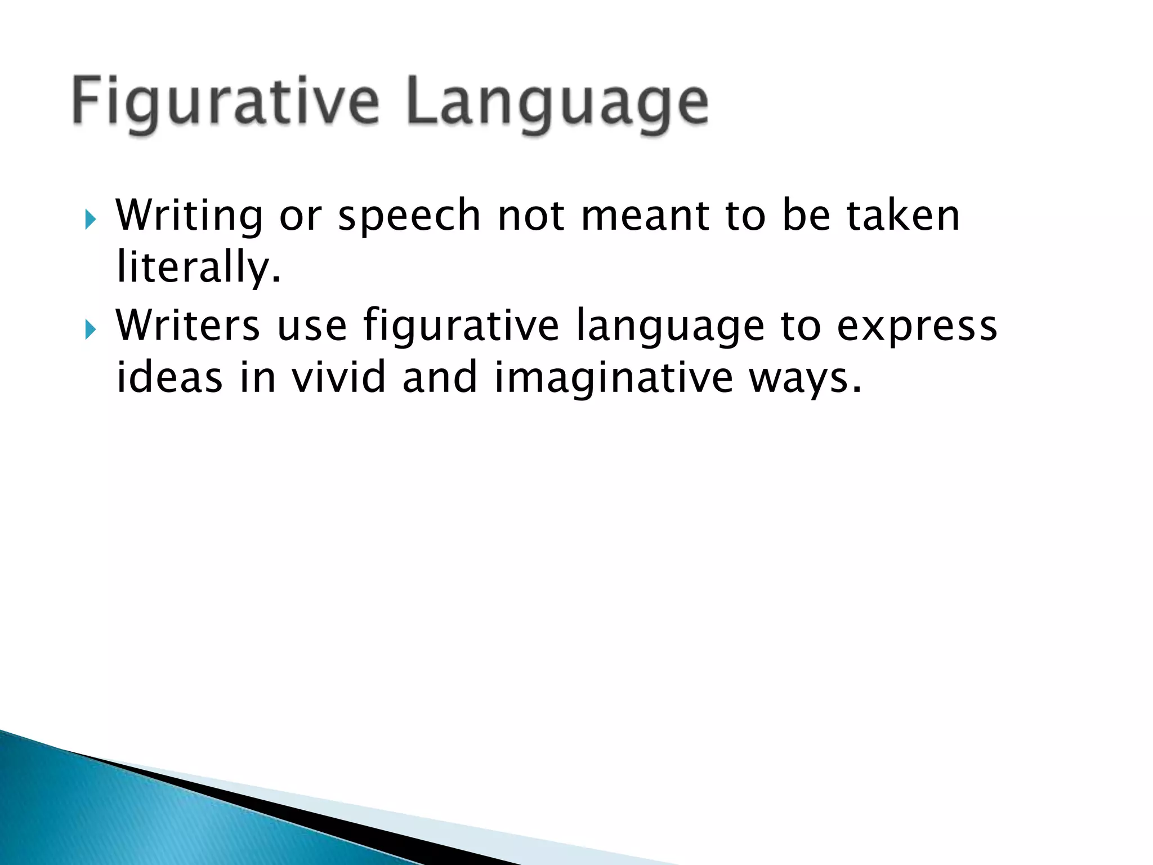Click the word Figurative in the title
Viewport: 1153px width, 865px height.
point(225,103)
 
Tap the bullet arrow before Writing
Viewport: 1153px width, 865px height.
point(90,218)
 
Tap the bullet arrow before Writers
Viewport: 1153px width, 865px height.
point(90,328)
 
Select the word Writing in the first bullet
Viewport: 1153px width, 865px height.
point(189,216)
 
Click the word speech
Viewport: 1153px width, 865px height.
point(409,216)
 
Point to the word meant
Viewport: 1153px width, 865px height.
point(645,216)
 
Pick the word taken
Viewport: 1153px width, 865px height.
point(903,216)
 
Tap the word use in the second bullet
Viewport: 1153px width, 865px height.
point(312,327)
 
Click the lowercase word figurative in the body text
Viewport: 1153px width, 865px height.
point(461,327)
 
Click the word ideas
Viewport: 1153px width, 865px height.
point(169,377)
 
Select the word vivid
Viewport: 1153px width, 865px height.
point(338,377)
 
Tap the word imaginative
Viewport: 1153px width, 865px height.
point(614,378)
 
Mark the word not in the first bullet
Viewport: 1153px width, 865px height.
point(531,216)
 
